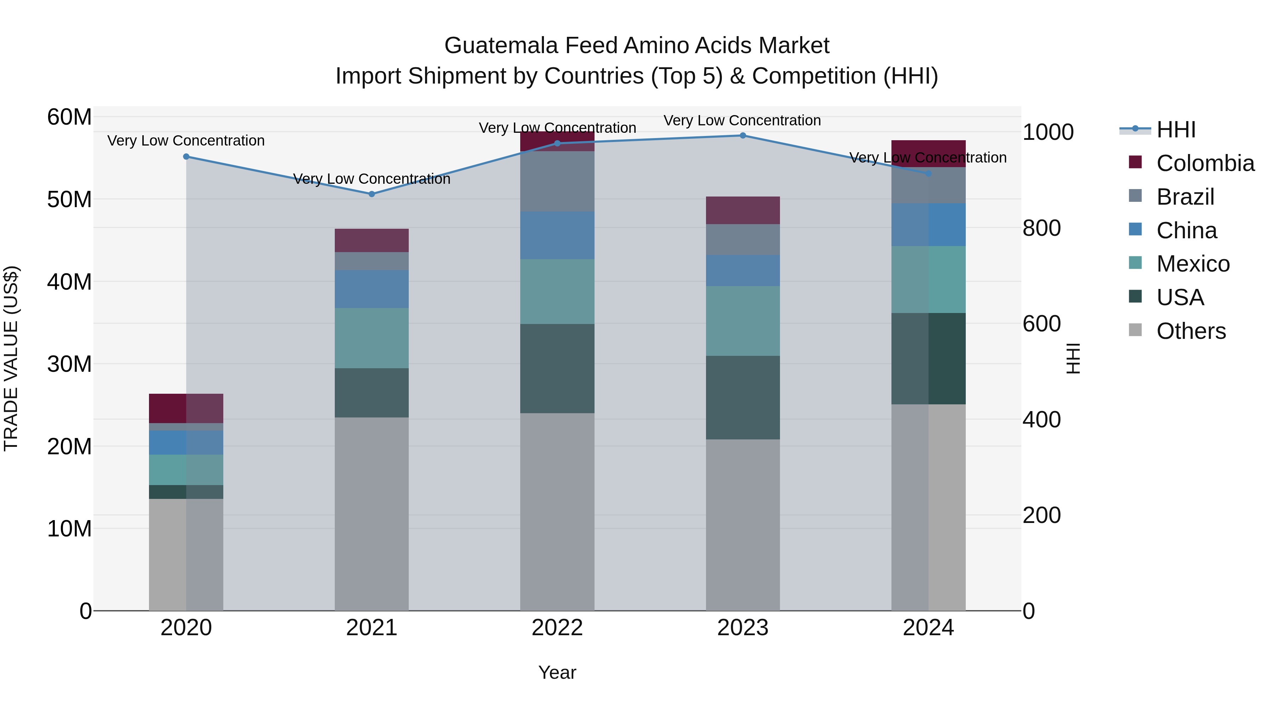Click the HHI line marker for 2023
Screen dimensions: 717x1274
coord(742,135)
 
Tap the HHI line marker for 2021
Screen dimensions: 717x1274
coord(372,194)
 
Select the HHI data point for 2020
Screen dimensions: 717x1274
coord(186,157)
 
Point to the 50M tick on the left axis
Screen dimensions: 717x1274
coord(69,199)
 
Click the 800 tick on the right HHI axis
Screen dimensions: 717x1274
coord(1041,228)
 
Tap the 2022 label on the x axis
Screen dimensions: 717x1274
coord(557,628)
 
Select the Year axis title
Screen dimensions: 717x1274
coord(557,672)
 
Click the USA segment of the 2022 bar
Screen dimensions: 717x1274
coord(557,368)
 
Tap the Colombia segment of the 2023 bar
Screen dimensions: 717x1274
coord(742,210)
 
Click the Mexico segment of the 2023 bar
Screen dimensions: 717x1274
coord(742,321)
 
